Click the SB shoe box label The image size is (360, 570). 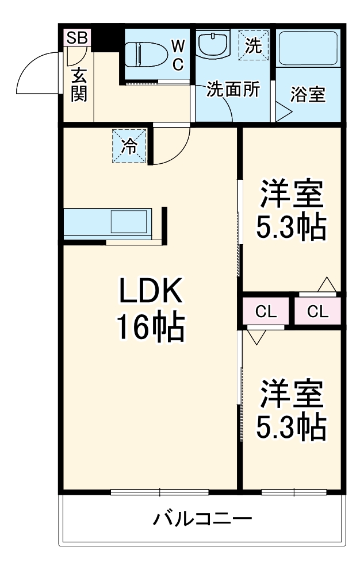point(76,38)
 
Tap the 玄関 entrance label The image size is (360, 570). point(79,84)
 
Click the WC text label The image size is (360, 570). point(177,56)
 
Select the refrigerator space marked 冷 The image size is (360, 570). point(131,146)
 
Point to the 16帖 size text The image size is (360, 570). point(150,327)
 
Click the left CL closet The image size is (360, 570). point(266,312)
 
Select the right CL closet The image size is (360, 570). point(317,312)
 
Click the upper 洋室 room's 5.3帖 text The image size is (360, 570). point(291,228)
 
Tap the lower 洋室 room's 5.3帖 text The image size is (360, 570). point(291,426)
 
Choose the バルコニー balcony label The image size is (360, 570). point(202,521)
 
